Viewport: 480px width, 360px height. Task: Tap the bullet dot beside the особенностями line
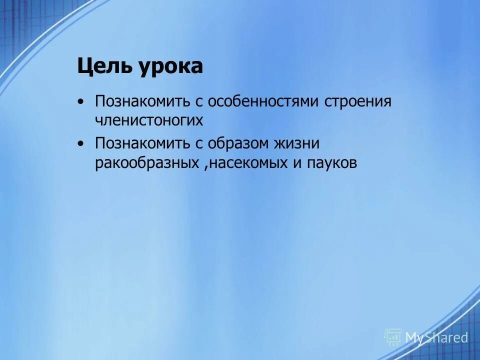81,102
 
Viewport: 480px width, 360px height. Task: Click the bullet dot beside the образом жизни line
81,144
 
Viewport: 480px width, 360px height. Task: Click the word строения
358,101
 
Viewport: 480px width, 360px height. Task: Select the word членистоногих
149,120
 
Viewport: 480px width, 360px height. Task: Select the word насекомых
248,163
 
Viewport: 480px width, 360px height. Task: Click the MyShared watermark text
436,337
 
